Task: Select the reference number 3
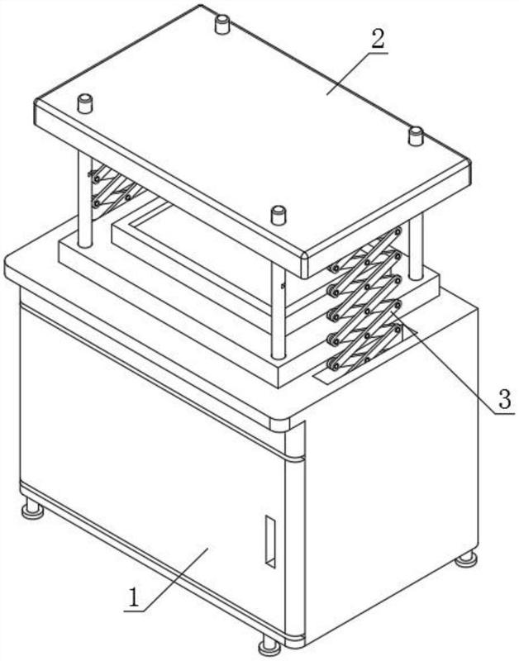coord(505,399)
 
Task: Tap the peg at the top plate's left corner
coord(85,104)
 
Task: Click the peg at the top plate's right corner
coord(416,136)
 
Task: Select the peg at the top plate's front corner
coord(278,215)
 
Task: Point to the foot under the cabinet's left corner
coord(32,508)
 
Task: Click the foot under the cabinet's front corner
coord(269,647)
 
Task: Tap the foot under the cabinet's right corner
coord(466,559)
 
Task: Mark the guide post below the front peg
coord(279,312)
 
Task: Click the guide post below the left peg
coord(85,199)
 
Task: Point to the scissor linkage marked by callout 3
coord(365,299)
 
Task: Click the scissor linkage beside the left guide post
coord(114,188)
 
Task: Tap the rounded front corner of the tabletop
coord(279,425)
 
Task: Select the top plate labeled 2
coord(252,139)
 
